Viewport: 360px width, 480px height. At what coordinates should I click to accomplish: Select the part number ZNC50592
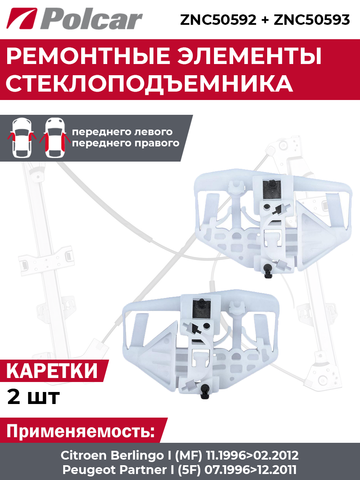point(218,20)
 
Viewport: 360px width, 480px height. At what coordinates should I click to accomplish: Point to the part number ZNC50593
point(312,20)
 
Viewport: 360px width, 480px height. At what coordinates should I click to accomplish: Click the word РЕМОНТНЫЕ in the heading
point(88,56)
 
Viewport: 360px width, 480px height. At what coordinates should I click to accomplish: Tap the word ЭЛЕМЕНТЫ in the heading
point(249,56)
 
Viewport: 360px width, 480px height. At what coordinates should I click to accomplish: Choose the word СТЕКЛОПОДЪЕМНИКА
point(149,83)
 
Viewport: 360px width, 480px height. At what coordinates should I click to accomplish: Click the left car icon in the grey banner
point(22,137)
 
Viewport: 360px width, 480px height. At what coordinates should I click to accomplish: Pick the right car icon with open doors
point(54,137)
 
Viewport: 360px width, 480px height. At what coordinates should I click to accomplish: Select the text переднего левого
point(122,132)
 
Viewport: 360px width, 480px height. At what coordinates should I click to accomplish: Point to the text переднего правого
point(126,143)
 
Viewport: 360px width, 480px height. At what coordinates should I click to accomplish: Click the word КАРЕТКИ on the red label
point(52,370)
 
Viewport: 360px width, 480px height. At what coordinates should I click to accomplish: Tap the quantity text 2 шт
point(33,396)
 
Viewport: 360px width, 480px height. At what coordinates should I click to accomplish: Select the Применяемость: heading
point(81,431)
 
